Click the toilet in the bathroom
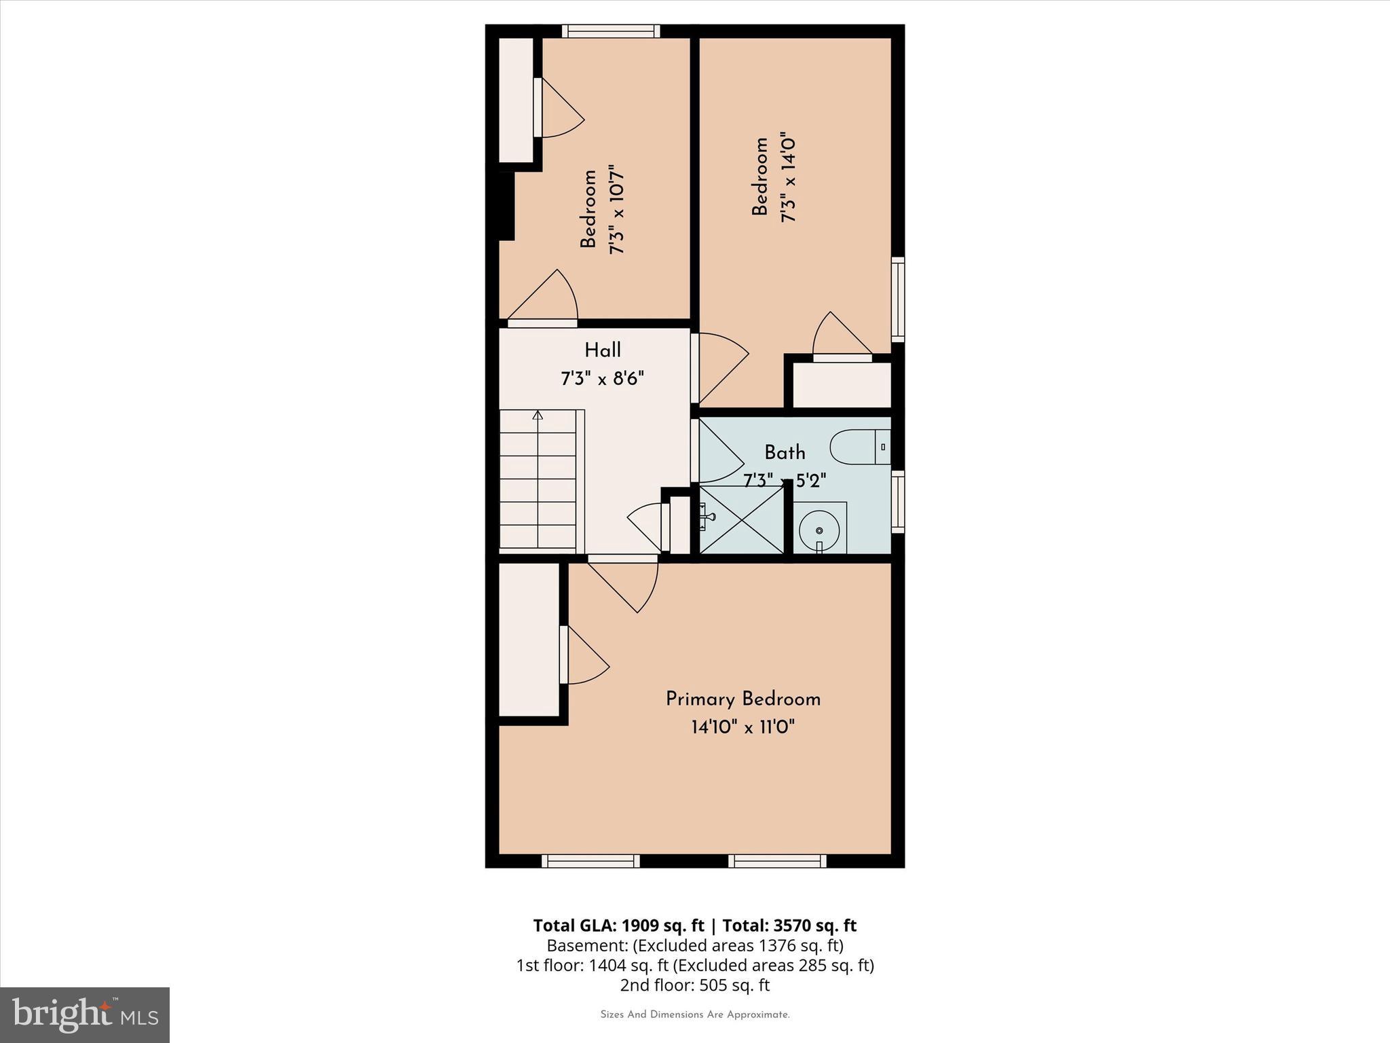click(x=859, y=447)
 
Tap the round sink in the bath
click(x=819, y=530)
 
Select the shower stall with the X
click(x=741, y=519)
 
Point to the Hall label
click(x=603, y=351)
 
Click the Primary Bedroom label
click(x=743, y=699)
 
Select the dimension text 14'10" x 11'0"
click(x=743, y=727)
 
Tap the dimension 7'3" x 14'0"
click(x=788, y=177)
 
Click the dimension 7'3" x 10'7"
click(x=616, y=208)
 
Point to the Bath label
click(x=785, y=452)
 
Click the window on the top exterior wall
click(x=611, y=31)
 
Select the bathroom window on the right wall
click(x=898, y=500)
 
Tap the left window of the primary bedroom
click(x=590, y=861)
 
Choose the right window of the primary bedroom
click(x=777, y=861)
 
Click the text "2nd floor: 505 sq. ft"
click(x=694, y=985)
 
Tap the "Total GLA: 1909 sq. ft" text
click(x=618, y=926)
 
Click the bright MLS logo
click(x=85, y=1014)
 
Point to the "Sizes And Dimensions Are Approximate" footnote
click(x=694, y=1014)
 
